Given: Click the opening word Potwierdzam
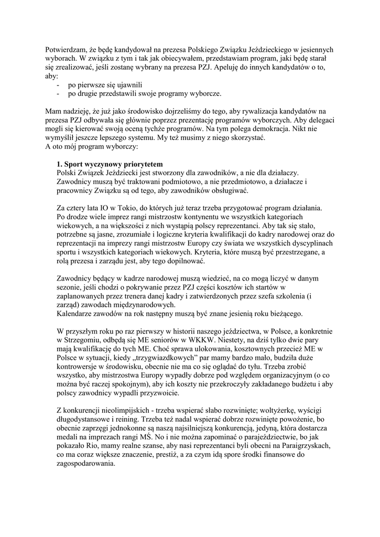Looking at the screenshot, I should pyautogui.click(x=65, y=50).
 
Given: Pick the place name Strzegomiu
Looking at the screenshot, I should pyautogui.click(x=84, y=340).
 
